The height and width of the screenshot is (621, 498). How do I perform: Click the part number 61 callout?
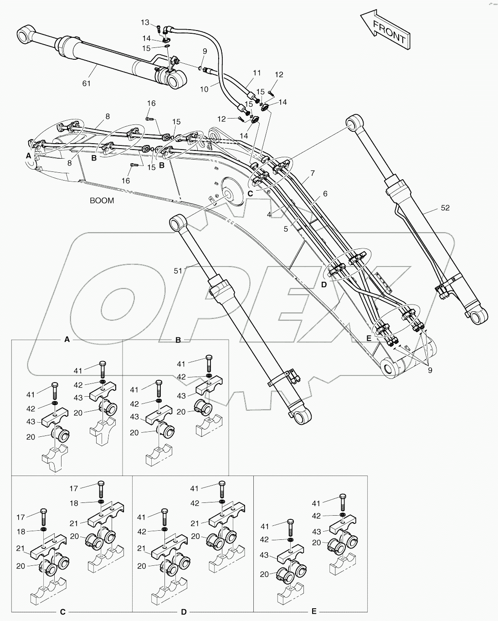pyautogui.click(x=87, y=83)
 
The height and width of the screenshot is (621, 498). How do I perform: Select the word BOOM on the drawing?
pyautogui.click(x=102, y=201)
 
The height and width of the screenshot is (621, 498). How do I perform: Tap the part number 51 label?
pyautogui.click(x=178, y=271)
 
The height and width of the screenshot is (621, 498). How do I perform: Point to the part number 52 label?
pyautogui.click(x=445, y=208)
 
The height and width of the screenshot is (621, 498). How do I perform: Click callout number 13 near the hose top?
pyautogui.click(x=145, y=22)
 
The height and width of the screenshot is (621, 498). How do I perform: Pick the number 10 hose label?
pyautogui.click(x=204, y=89)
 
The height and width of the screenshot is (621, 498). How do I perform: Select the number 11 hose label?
pyautogui.click(x=257, y=72)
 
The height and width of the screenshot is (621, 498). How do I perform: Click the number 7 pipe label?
pyautogui.click(x=313, y=173)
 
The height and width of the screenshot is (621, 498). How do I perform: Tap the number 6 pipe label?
pyautogui.click(x=325, y=194)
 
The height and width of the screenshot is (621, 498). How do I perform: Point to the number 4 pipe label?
pyautogui.click(x=270, y=214)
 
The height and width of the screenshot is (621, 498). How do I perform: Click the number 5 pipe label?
pyautogui.click(x=286, y=229)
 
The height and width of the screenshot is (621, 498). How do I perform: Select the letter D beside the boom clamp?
pyautogui.click(x=323, y=285)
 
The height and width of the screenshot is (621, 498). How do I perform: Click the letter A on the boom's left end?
pyautogui.click(x=28, y=155)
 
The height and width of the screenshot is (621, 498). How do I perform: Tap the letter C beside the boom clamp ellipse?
pyautogui.click(x=250, y=193)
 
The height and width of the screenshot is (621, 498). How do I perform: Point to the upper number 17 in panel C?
pyautogui.click(x=74, y=488)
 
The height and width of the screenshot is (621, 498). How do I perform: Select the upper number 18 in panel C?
pyautogui.click(x=74, y=503)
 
